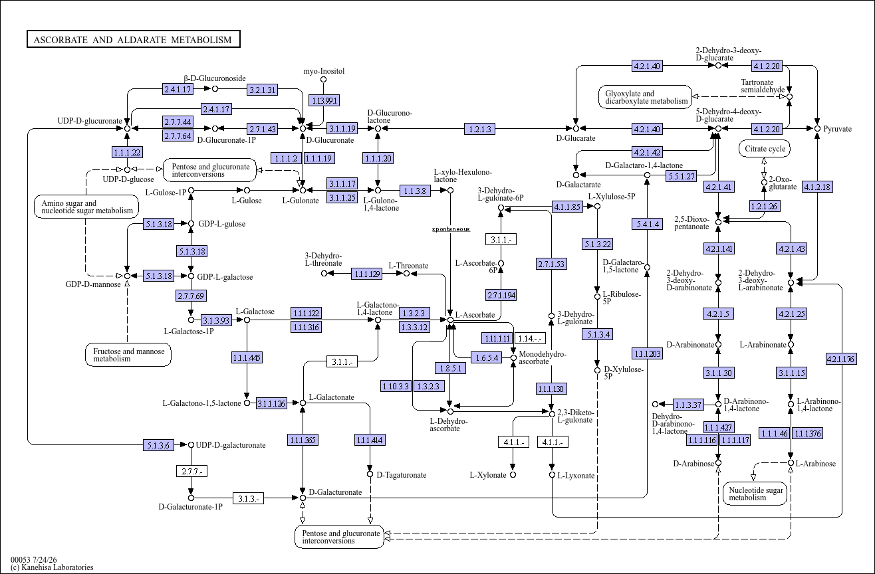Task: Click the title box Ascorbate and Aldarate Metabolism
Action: tap(133, 39)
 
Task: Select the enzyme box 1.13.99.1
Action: tap(324, 100)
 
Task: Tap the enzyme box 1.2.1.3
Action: tap(479, 129)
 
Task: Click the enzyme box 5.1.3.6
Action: tap(158, 445)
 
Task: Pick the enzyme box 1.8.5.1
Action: tap(450, 368)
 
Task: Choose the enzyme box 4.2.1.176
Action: tap(841, 359)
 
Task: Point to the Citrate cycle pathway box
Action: tap(765, 149)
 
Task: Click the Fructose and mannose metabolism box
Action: tap(128, 355)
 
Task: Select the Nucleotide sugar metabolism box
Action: tap(755, 494)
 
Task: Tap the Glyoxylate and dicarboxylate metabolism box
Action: tap(645, 97)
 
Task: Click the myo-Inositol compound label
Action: tap(324, 71)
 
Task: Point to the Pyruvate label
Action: tap(838, 129)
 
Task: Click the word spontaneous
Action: tap(451, 229)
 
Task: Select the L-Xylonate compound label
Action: tap(488, 475)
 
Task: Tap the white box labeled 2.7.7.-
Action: tap(191, 471)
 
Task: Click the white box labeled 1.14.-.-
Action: tap(530, 338)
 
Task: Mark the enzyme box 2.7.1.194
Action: tap(501, 295)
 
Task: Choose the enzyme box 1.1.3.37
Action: tap(688, 405)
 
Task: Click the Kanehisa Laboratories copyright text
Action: tap(52, 567)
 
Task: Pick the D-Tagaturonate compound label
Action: tap(401, 475)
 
